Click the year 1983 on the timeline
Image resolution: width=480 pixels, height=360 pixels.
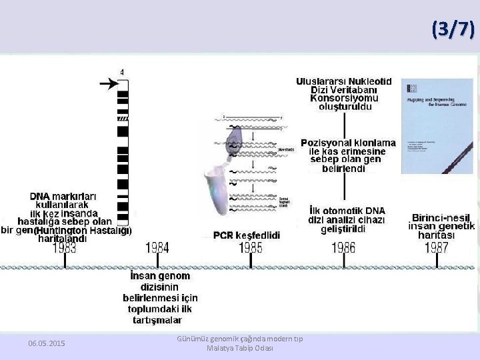pyautogui.click(x=64, y=248)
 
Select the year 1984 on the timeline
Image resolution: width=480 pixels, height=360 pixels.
pyautogui.click(x=157, y=248)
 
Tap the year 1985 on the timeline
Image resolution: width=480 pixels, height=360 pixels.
pyautogui.click(x=251, y=248)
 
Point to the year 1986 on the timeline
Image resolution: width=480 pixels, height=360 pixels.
pyautogui.click(x=343, y=248)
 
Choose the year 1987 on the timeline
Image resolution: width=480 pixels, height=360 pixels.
pyautogui.click(x=436, y=248)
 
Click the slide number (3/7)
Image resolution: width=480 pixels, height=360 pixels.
pyautogui.click(x=453, y=29)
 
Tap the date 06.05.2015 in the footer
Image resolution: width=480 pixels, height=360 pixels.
pyautogui.click(x=47, y=343)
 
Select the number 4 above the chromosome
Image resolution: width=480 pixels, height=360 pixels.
pyautogui.click(x=121, y=71)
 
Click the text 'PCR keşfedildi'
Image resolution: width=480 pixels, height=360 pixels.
pyautogui.click(x=247, y=235)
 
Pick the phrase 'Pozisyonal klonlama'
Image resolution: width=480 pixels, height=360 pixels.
pyautogui.click(x=348, y=143)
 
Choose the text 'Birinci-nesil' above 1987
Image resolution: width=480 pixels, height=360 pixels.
pyautogui.click(x=441, y=218)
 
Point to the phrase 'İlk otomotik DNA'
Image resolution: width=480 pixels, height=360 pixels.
pyautogui.click(x=347, y=211)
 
